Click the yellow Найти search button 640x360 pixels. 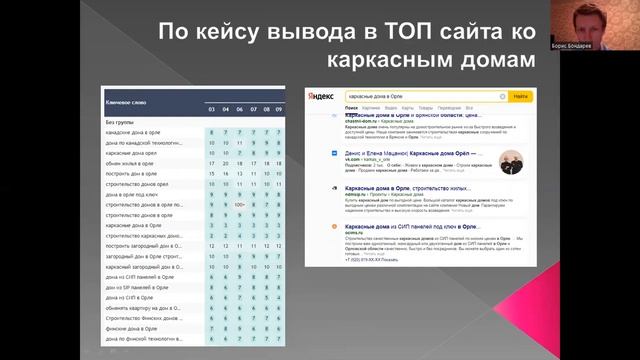pyautogui.click(x=519, y=96)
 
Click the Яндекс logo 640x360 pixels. pyautogui.click(x=320, y=96)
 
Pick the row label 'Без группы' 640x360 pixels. pyautogui.click(x=121, y=121)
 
